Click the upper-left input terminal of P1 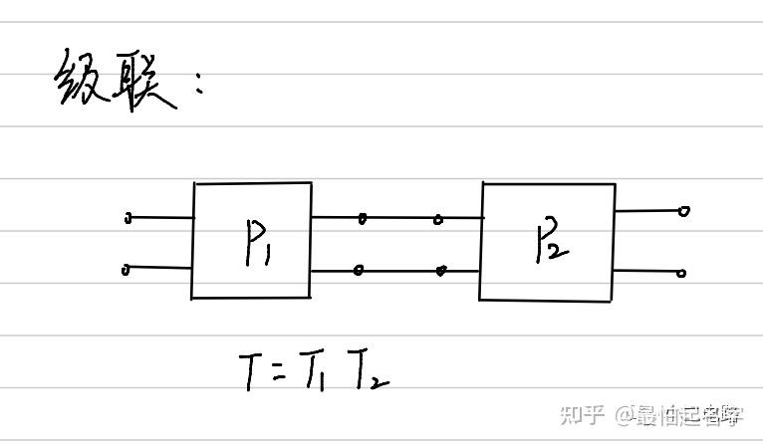click(x=127, y=218)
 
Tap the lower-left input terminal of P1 click(x=127, y=269)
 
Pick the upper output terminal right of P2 click(x=683, y=211)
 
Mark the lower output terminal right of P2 click(x=682, y=273)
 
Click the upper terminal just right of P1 click(x=362, y=218)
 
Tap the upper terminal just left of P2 click(x=438, y=219)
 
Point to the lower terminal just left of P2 click(x=440, y=269)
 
